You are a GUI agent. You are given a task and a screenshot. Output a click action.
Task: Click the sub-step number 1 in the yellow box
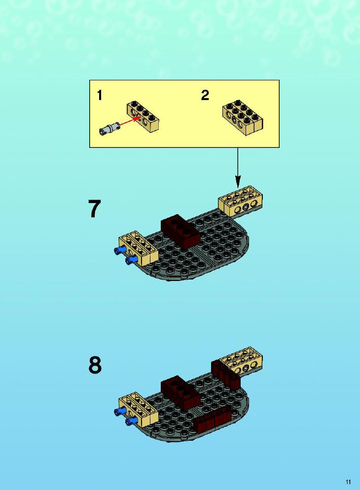tap(100, 95)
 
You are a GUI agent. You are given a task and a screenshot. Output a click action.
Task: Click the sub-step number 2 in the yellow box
tap(205, 95)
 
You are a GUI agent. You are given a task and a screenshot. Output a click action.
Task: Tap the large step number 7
tap(95, 209)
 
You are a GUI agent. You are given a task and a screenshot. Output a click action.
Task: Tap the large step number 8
tap(95, 365)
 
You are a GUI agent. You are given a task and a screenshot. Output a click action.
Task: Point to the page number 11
tap(348, 482)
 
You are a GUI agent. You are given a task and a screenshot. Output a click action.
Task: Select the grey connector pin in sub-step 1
tap(109, 129)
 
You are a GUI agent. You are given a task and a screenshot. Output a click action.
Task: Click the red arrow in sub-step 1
tap(130, 121)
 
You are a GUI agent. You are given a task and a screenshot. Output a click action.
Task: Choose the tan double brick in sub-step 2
tap(243, 118)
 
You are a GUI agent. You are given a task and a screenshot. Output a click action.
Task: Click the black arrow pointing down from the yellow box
tap(238, 168)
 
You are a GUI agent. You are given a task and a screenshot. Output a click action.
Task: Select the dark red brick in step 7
tap(180, 231)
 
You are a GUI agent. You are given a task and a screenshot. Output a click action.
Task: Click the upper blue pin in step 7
tap(120, 249)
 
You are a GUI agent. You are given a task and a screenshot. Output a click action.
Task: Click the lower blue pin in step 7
tap(131, 260)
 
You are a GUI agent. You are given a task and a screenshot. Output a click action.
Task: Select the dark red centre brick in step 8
tap(180, 392)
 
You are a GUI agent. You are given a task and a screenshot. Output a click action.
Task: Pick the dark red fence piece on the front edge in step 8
tap(213, 420)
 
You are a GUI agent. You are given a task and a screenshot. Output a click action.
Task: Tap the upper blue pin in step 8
tap(120, 411)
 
